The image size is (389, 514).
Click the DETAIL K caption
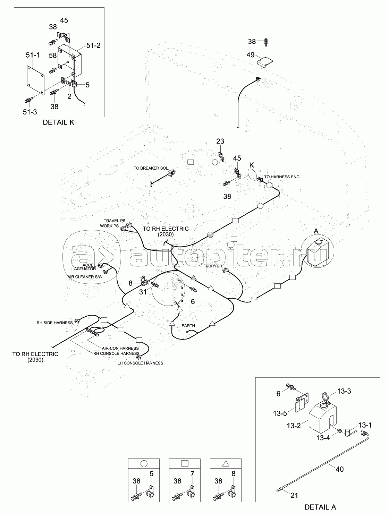[58, 122]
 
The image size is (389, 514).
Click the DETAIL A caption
[320, 507]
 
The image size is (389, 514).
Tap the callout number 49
[251, 55]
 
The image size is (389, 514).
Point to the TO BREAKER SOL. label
[151, 168]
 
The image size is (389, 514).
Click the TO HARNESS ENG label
[282, 177]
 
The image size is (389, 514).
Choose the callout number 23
[220, 141]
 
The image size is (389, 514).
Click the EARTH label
[188, 326]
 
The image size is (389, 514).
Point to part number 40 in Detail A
[339, 469]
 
